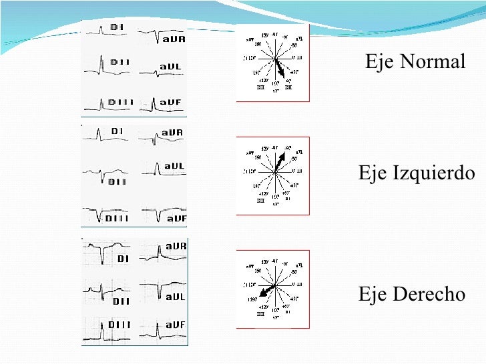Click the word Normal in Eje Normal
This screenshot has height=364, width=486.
pyautogui.click(x=433, y=63)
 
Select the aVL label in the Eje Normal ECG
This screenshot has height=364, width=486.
pyautogui.click(x=172, y=67)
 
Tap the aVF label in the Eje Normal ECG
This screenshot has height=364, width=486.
pyautogui.click(x=171, y=103)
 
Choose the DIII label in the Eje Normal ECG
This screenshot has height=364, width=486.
pyautogui.click(x=121, y=103)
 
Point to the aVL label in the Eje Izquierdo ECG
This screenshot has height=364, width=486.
pyautogui.click(x=174, y=166)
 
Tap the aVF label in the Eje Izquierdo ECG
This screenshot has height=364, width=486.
pyautogui.click(x=177, y=218)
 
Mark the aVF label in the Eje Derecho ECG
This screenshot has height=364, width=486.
pyautogui.click(x=175, y=325)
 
